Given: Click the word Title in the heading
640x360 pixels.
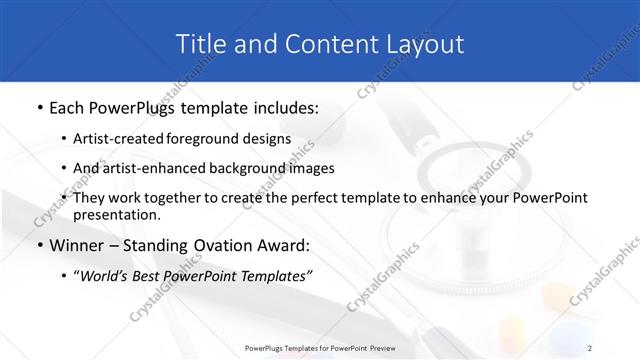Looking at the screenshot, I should pyautogui.click(x=199, y=44).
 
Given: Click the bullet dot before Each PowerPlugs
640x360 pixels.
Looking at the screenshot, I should pyautogui.click(x=38, y=107).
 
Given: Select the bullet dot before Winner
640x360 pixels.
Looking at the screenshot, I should pyautogui.click(x=38, y=246).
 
